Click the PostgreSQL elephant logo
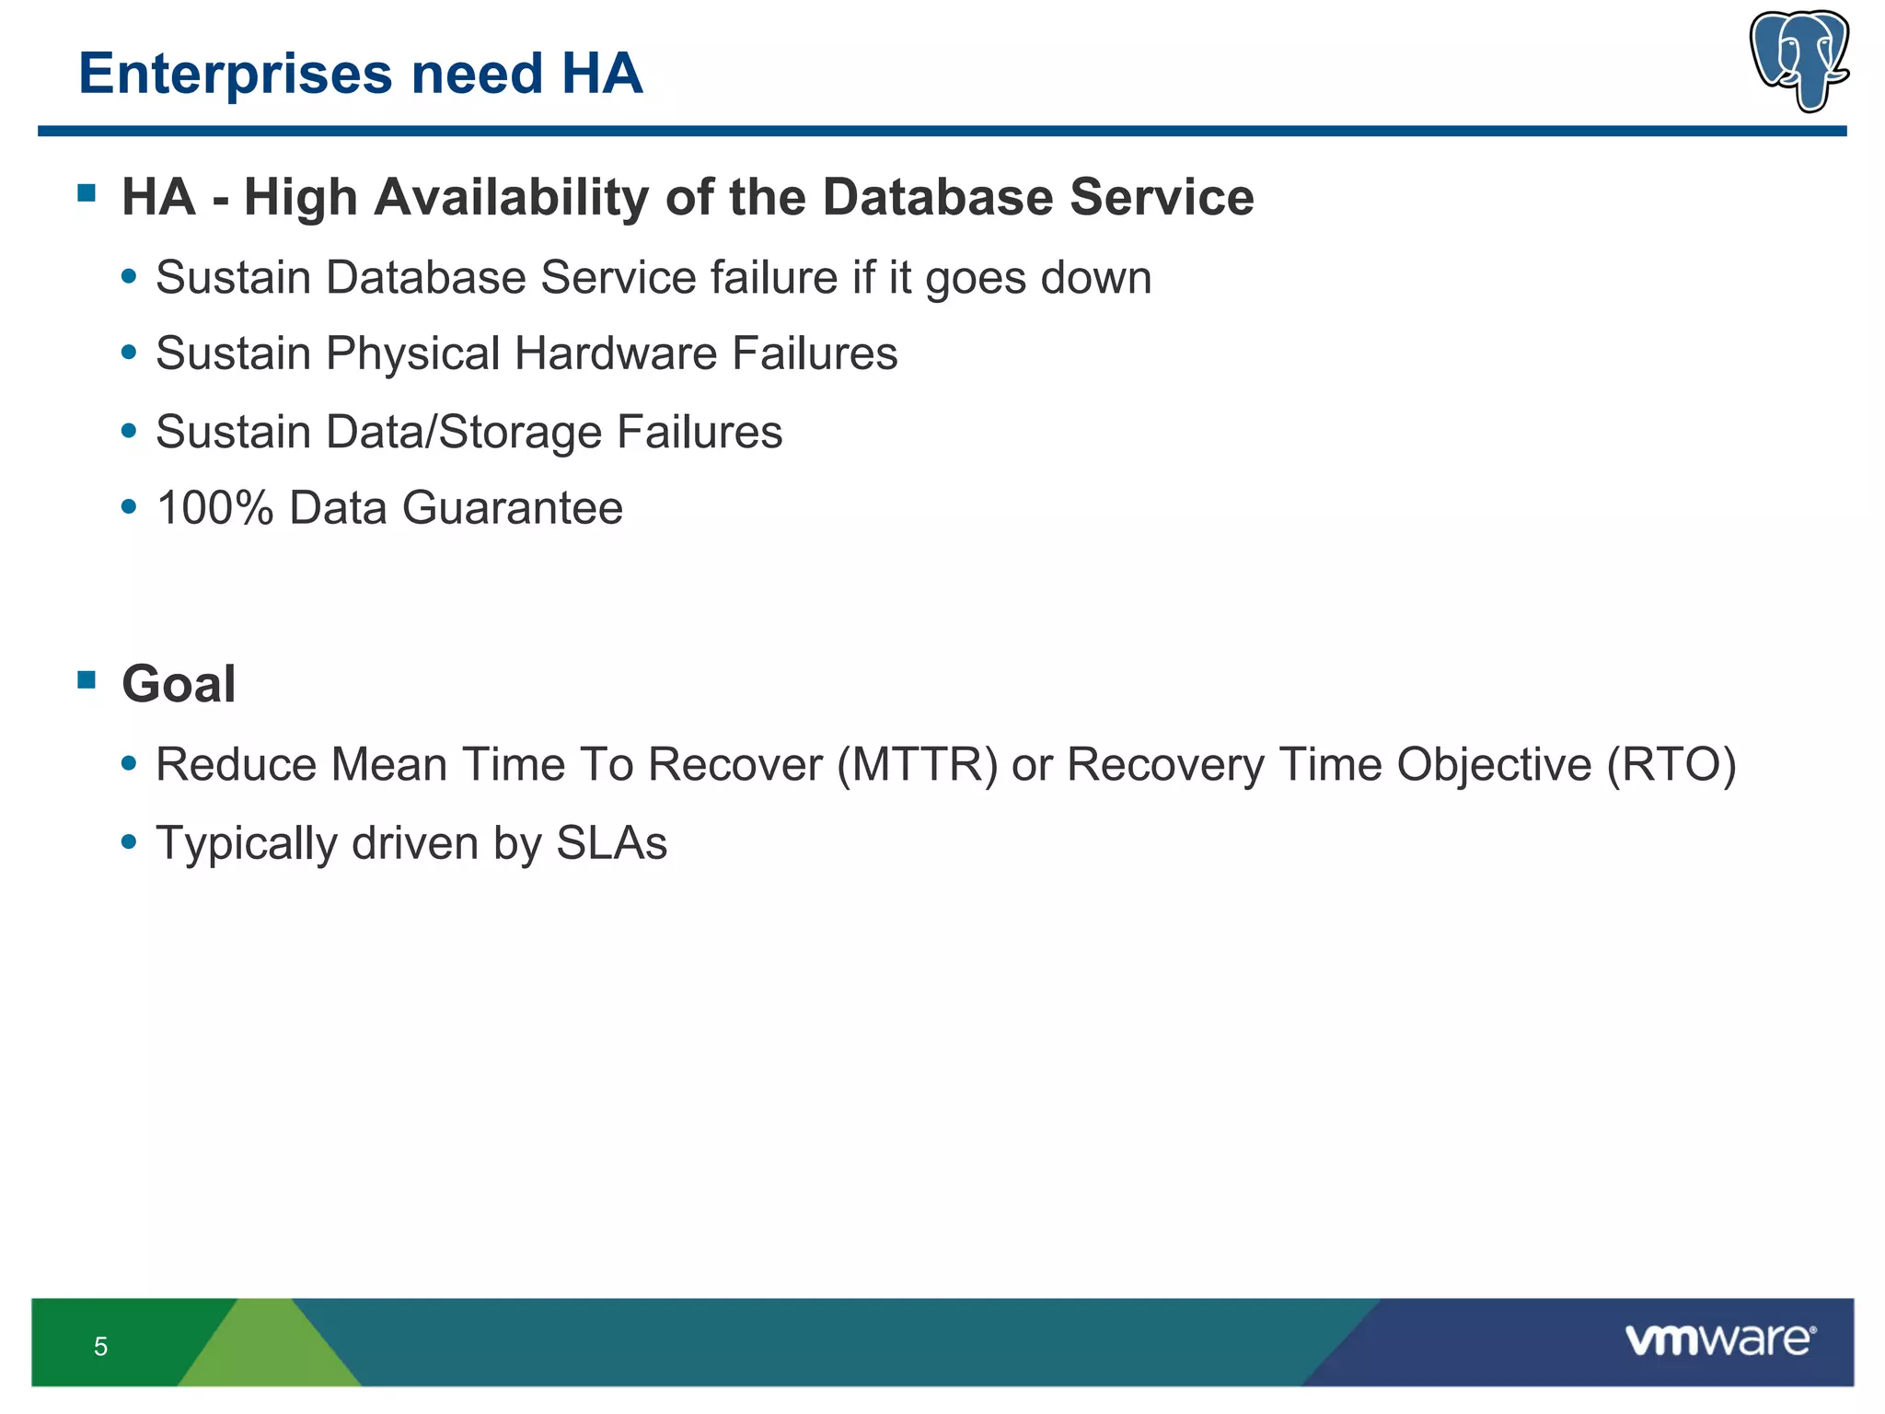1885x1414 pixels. point(1798,61)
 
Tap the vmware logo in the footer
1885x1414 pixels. point(1719,1340)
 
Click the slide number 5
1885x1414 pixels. point(100,1347)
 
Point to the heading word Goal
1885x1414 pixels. point(179,684)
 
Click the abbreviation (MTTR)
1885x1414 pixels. point(917,765)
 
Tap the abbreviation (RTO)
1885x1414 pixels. point(1671,765)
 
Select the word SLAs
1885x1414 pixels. point(611,843)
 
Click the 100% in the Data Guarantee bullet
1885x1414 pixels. point(214,508)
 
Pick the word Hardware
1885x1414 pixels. point(615,353)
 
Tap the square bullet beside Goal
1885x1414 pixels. point(87,680)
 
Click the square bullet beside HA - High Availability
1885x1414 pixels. point(87,193)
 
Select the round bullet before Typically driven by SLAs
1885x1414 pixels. point(129,840)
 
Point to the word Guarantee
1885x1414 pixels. point(512,508)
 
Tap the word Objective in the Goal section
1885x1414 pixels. point(1494,765)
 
